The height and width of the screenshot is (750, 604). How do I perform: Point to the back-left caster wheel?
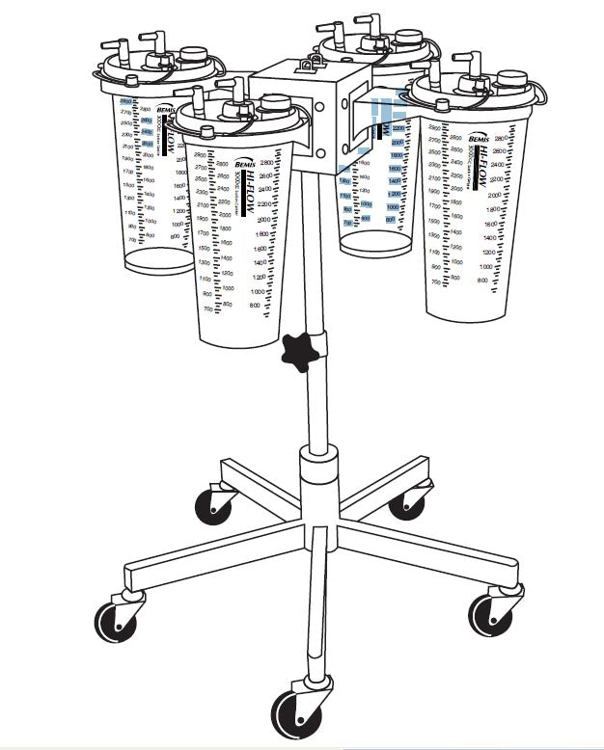point(214,504)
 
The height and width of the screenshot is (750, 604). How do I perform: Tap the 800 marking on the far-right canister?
point(482,280)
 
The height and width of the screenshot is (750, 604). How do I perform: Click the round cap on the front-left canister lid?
point(275,103)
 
